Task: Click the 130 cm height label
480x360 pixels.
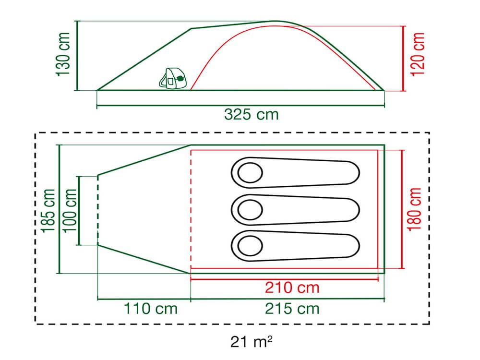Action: pos(63,54)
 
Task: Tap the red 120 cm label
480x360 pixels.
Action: pos(418,54)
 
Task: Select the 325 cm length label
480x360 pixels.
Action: pos(252,115)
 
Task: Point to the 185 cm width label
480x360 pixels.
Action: pos(48,211)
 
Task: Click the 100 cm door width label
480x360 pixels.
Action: pos(70,211)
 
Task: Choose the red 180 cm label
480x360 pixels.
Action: pos(414,209)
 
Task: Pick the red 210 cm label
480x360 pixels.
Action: pos(292,288)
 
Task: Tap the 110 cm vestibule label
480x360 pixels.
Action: pos(151,309)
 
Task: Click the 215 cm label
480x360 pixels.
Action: pos(292,309)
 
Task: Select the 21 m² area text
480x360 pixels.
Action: pos(252,342)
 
